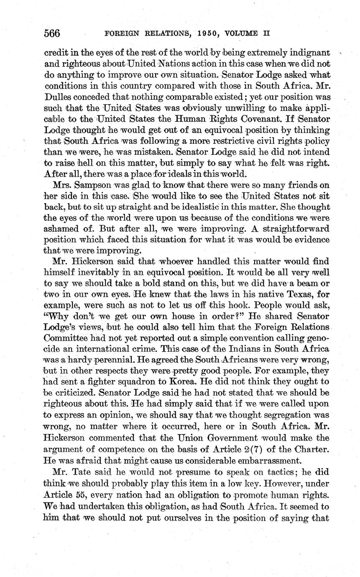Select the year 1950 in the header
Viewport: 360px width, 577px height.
point(206,34)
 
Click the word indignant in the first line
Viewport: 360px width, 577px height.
point(308,53)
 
